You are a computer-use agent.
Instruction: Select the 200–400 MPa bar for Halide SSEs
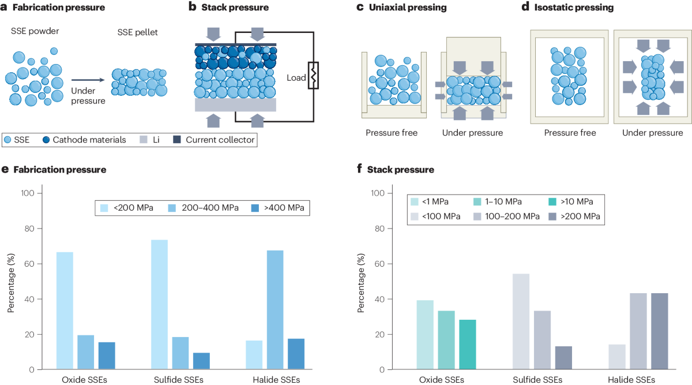click(x=275, y=309)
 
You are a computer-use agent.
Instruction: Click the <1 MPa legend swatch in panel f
click(x=414, y=201)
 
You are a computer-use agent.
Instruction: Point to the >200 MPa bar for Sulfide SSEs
click(x=564, y=357)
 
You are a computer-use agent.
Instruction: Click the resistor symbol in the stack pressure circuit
click(x=314, y=76)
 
